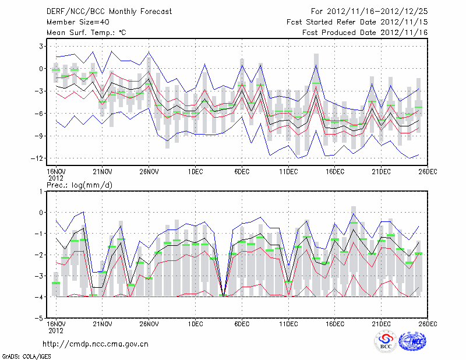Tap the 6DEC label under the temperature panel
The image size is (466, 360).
(x=242, y=171)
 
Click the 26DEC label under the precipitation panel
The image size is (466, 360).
(x=428, y=323)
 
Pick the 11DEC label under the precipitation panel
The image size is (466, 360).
(x=288, y=323)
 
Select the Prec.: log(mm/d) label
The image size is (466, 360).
(x=80, y=185)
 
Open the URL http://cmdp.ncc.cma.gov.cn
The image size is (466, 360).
(x=96, y=344)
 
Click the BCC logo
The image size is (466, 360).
(x=386, y=342)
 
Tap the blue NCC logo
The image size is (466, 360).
(x=412, y=342)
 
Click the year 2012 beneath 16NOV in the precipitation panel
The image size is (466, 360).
(x=55, y=330)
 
